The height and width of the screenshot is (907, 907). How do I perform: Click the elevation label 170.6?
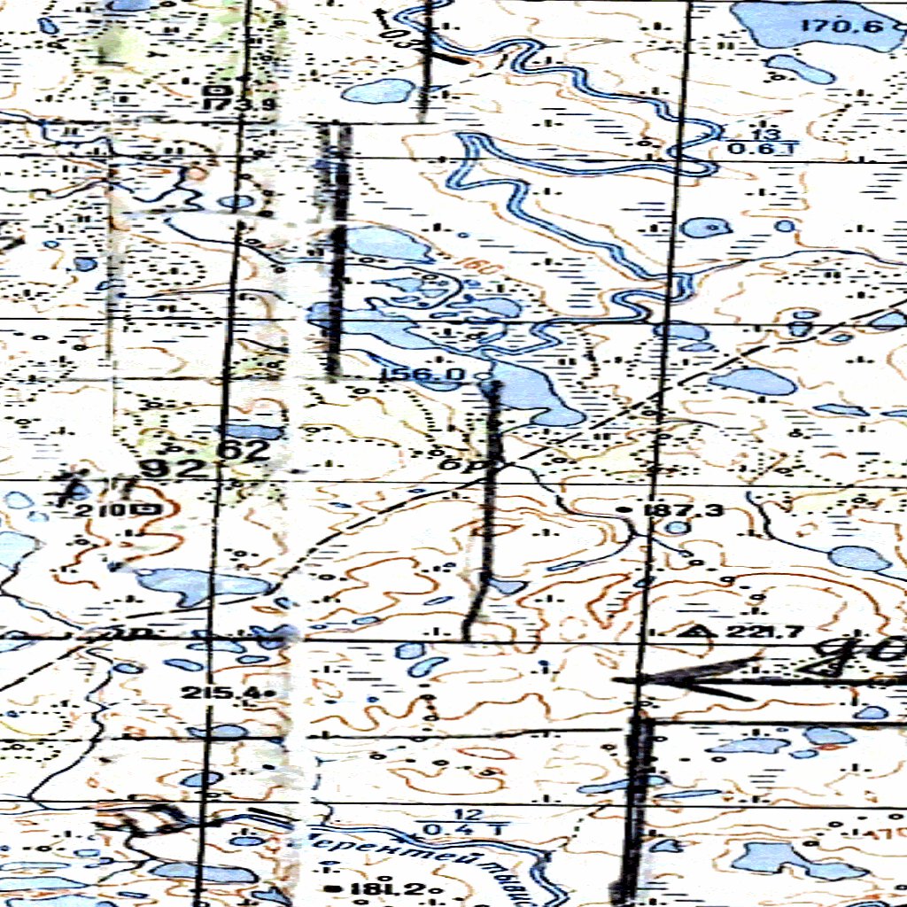pyautogui.click(x=841, y=25)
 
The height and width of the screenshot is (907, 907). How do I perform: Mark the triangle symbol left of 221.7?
pyautogui.click(x=704, y=632)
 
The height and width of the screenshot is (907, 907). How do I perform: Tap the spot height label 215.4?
pyautogui.click(x=221, y=692)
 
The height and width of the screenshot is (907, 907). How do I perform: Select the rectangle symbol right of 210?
pyautogui.click(x=145, y=509)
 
